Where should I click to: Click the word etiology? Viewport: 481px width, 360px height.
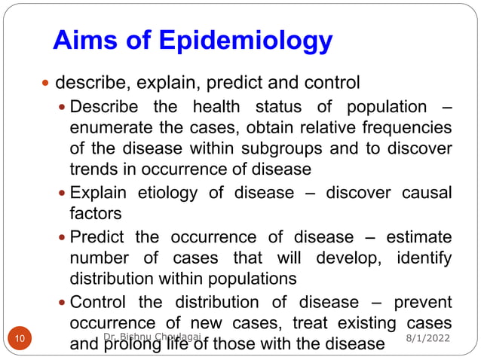pyautogui.click(x=170, y=193)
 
